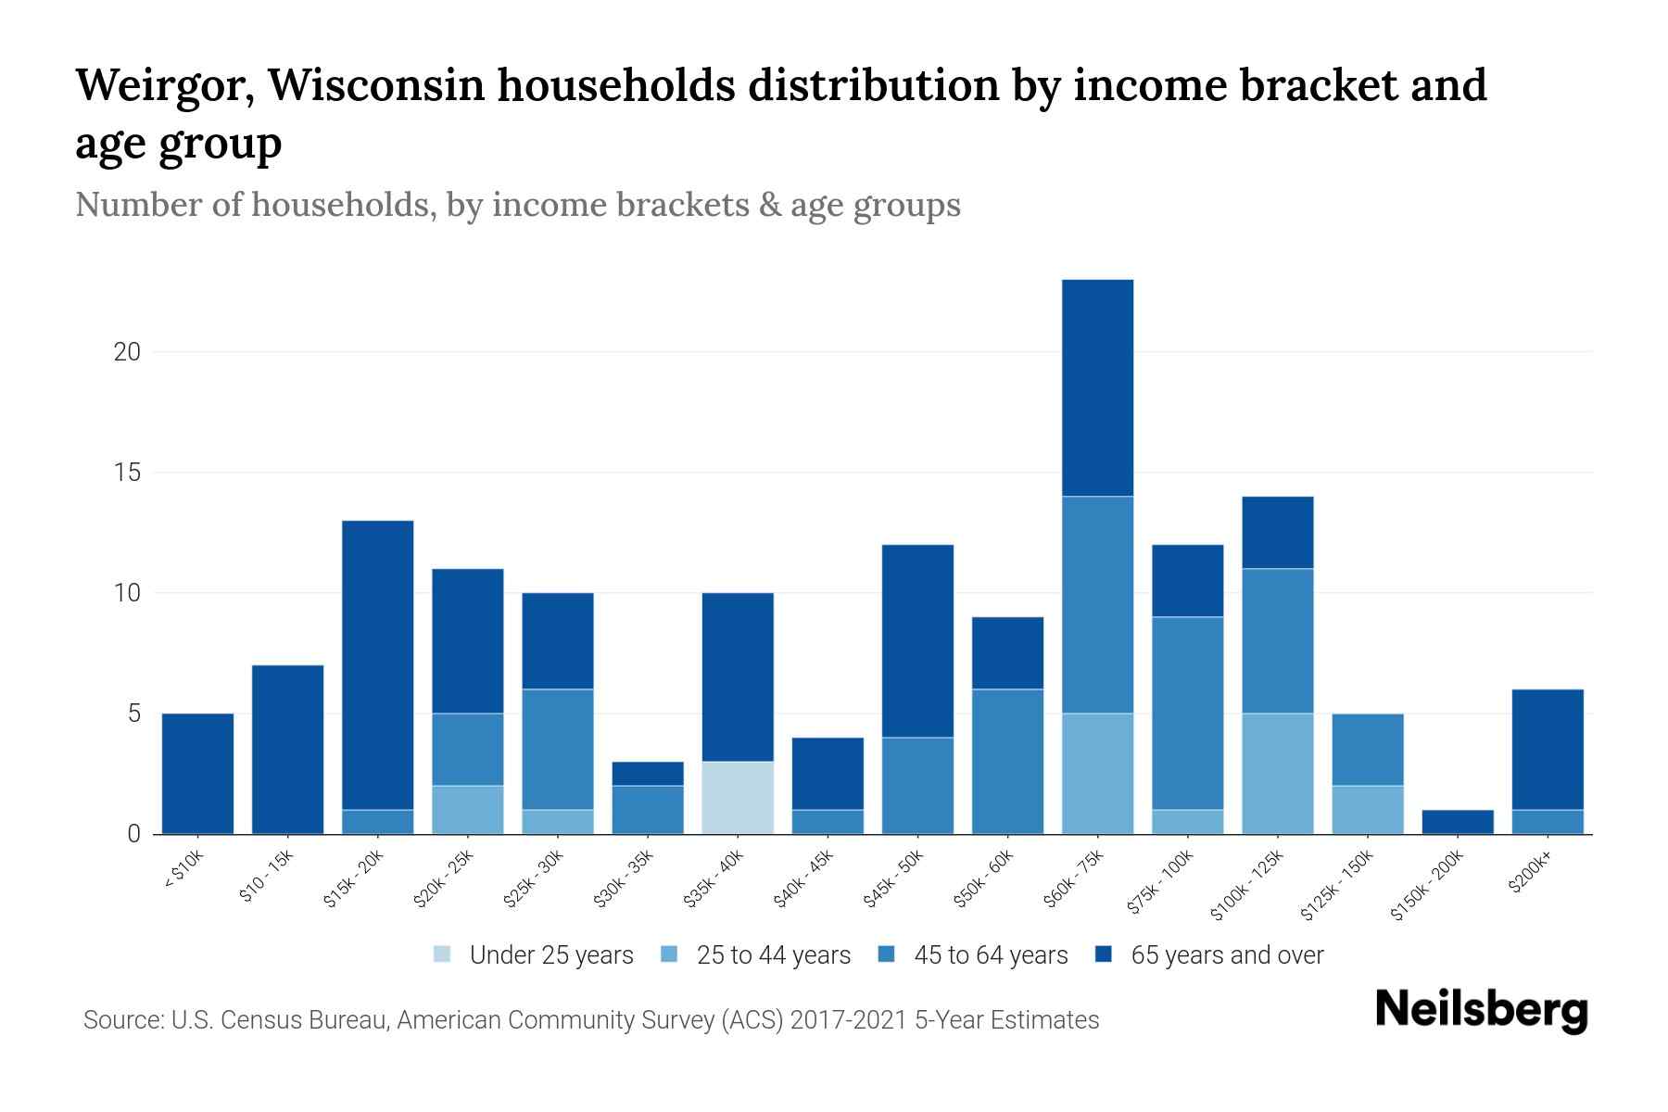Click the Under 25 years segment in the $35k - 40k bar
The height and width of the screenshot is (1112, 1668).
pos(738,798)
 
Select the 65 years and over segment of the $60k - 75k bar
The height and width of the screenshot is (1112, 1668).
pos(1097,387)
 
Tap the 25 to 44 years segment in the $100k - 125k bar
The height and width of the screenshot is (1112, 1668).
pos(1278,774)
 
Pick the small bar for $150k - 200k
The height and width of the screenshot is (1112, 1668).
pos(1458,822)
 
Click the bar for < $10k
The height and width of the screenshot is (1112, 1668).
pos(197,774)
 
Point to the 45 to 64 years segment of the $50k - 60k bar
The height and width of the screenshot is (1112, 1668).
pos(1007,762)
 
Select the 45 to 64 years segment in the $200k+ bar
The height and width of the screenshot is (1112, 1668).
pos(1548,822)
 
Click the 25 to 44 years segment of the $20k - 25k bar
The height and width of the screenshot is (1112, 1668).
pos(468,810)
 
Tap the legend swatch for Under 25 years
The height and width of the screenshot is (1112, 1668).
pos(443,954)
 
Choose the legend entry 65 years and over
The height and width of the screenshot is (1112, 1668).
pos(1226,955)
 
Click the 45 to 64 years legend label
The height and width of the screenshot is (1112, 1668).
pos(991,955)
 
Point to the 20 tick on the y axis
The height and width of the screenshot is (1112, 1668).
pos(128,352)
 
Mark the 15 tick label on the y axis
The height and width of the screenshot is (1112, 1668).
pos(128,473)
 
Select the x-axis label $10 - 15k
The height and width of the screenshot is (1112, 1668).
pos(267,879)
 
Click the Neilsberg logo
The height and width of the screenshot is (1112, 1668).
pos(1481,1011)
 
